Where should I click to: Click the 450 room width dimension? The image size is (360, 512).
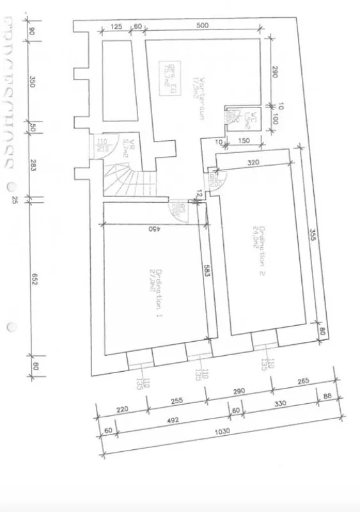point(153,228)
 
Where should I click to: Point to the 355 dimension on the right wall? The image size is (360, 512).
point(313,236)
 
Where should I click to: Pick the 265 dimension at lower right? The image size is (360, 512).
point(302,383)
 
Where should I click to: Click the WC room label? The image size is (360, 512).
point(251,117)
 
